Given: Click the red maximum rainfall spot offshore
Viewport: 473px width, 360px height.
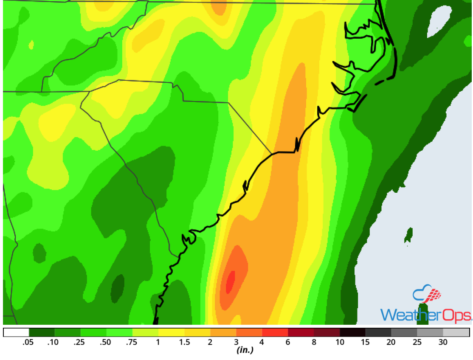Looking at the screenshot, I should pos(230,281).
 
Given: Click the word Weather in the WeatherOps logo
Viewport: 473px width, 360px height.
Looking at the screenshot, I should pos(406,315).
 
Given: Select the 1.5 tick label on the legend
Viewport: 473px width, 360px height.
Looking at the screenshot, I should pos(184,343).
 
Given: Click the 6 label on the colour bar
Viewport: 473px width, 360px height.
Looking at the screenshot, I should pos(288,343).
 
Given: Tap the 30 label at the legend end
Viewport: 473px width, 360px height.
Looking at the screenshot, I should pos(443,343).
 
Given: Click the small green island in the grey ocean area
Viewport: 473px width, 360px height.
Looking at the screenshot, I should pos(408,234).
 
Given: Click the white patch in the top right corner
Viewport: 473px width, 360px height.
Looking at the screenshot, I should pos(439,19).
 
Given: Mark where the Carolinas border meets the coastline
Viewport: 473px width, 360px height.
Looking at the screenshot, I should pos(272,154).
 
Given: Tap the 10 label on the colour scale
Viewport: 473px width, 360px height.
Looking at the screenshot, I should pos(340,343).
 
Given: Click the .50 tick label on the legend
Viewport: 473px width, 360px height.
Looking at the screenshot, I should pos(106,343).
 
